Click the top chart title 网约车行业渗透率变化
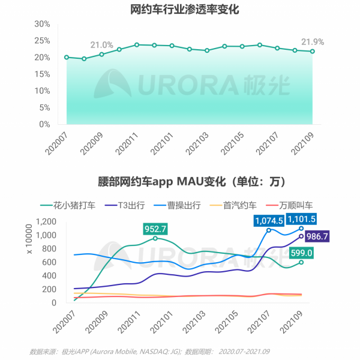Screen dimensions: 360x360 tap(180, 8)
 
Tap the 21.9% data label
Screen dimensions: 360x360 tap(313, 42)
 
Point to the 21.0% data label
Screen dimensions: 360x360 tap(101, 45)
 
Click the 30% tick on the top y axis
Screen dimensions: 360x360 tap(41, 24)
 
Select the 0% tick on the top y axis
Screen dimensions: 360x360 tap(44, 125)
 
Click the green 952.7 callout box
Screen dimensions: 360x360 tap(155, 228)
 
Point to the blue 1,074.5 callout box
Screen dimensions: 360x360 tap(269, 220)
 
